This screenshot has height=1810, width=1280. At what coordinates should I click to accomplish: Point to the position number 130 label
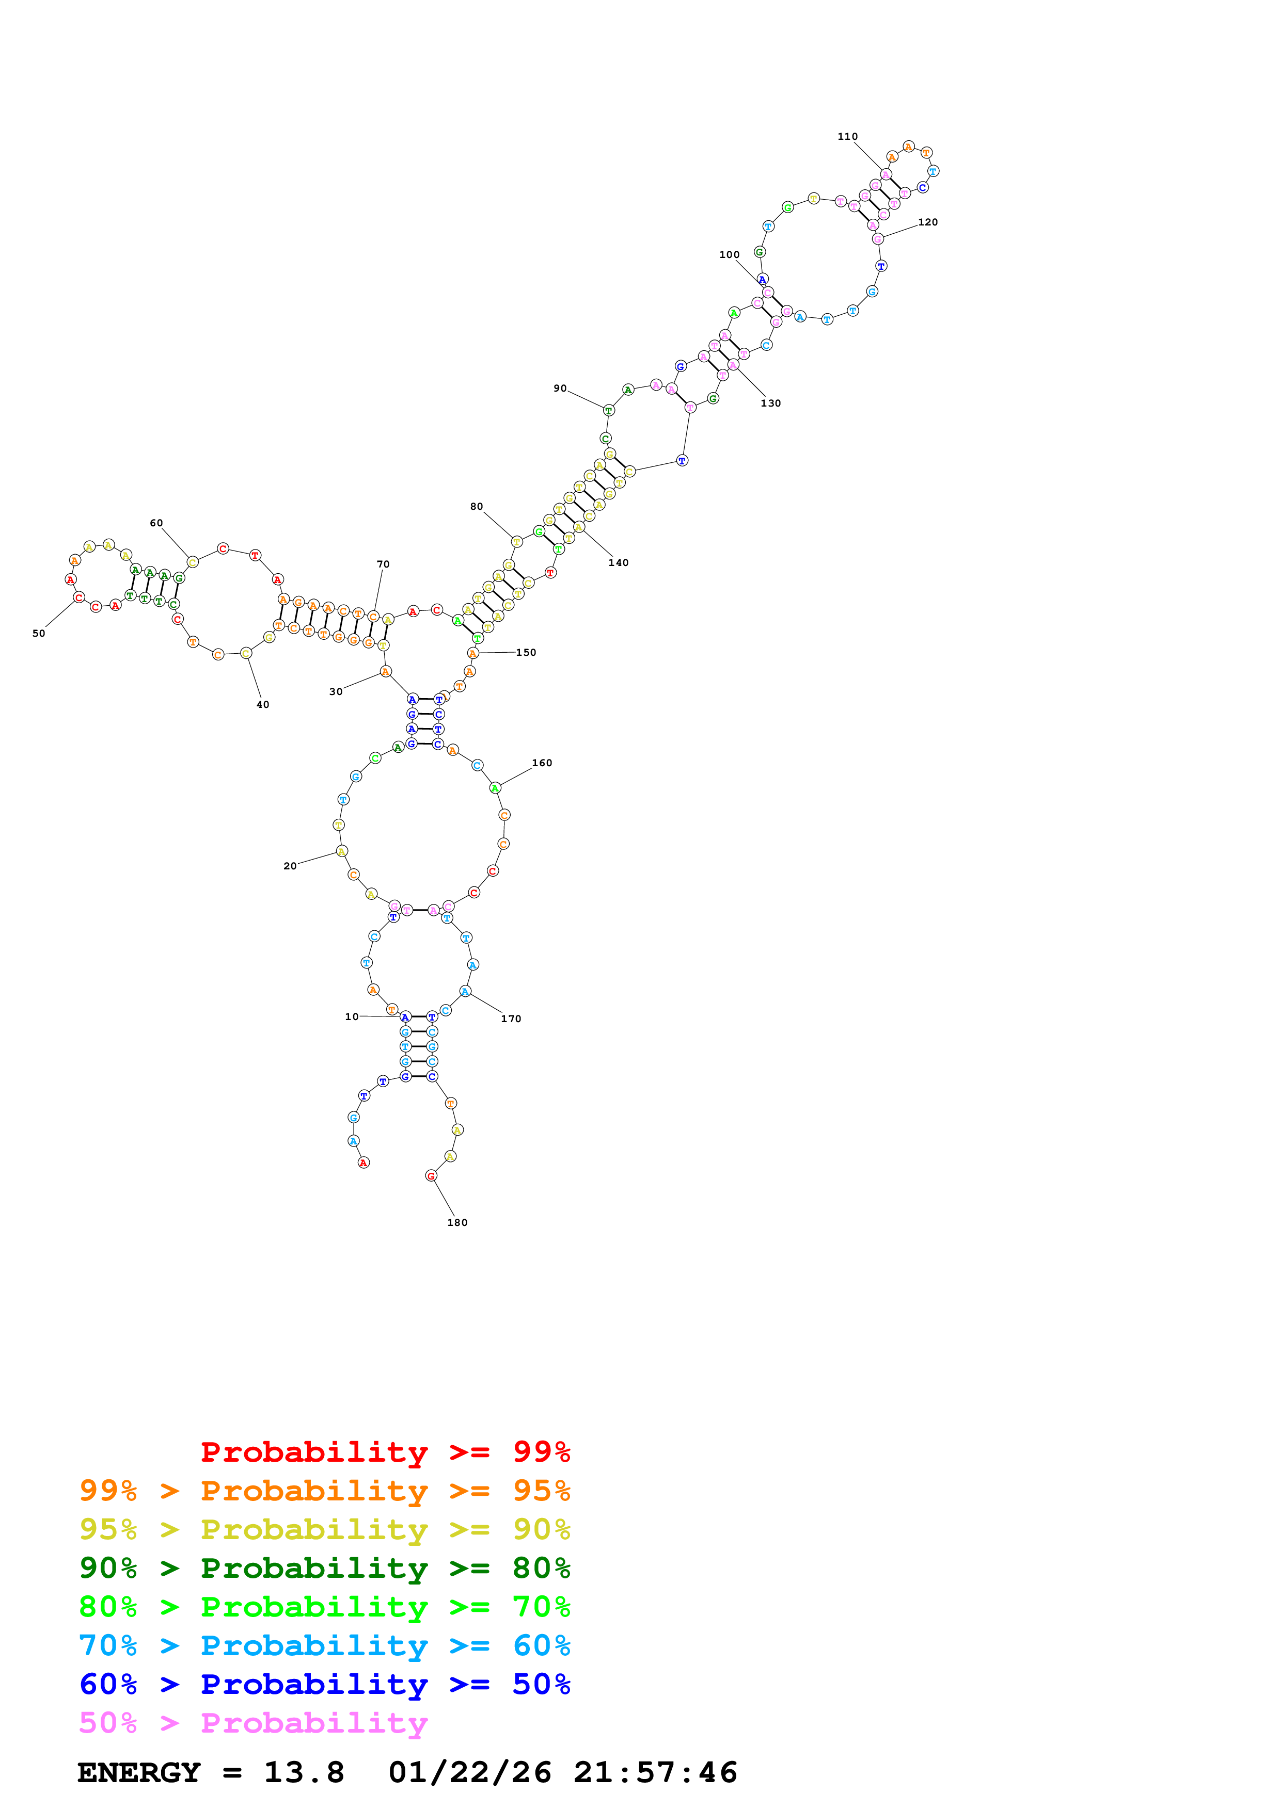(770, 403)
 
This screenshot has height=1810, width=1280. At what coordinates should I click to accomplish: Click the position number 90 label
(560, 389)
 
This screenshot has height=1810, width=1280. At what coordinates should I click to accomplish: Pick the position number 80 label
(477, 507)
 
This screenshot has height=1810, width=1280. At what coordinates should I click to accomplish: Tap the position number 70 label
(383, 564)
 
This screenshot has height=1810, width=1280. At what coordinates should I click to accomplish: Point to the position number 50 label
(39, 634)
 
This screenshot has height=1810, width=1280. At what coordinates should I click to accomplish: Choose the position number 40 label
(263, 705)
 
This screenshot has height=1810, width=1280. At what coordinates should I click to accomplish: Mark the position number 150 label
(526, 653)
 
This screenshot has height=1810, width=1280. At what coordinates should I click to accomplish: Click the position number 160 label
(542, 763)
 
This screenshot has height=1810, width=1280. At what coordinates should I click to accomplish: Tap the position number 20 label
(290, 866)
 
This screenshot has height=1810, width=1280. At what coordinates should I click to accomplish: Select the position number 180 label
(457, 1223)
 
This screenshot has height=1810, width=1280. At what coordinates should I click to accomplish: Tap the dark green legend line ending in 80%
(325, 1569)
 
